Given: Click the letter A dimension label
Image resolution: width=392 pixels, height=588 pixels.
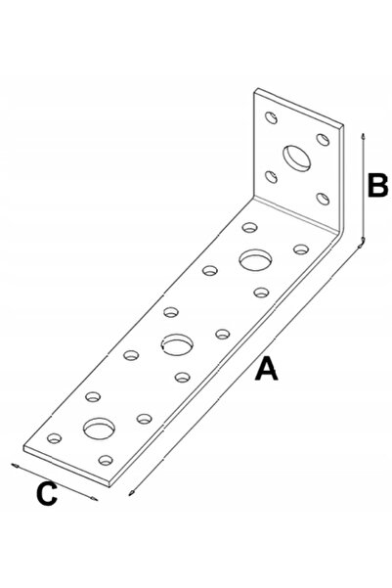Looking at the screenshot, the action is tap(267, 369).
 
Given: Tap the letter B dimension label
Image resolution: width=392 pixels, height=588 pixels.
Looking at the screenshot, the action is tap(377, 185).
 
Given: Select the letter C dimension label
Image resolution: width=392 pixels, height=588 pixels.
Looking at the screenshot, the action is tap(47, 493).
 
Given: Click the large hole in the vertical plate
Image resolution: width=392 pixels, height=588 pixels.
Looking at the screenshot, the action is tap(296, 158).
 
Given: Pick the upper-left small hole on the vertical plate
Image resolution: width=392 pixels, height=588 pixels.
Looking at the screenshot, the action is tap(271, 117).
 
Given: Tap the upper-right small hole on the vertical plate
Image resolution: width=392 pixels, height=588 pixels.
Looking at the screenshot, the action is tap(323, 140).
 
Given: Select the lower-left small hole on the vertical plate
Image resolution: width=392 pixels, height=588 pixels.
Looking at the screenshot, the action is tap(271, 176).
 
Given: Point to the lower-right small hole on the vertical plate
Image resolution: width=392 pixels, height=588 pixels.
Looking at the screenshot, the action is tap(323, 199).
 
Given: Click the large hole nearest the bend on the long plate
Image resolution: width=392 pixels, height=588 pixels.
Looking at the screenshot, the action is tap(255, 259).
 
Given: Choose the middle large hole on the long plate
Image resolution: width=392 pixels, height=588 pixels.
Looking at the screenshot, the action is tap(177, 344).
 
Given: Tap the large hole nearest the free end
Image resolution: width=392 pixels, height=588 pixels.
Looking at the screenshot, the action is tap(99, 429).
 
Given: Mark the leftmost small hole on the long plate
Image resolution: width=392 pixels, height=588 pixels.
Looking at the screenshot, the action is tap(55, 438).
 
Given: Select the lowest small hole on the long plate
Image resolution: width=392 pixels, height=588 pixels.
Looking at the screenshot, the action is tap(106, 460).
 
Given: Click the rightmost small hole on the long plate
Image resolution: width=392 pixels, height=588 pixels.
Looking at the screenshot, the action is tap(301, 249).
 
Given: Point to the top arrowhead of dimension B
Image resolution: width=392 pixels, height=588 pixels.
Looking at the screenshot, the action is tap(363, 136).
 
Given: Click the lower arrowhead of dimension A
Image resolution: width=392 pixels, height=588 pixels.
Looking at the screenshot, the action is tap(131, 493).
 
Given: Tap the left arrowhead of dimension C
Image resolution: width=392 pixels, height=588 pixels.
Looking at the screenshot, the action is tap(15, 466).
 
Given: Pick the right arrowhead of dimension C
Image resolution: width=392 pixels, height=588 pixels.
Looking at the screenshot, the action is tap(94, 499).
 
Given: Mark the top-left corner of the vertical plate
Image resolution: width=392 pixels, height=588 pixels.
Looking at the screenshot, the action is tap(257, 89).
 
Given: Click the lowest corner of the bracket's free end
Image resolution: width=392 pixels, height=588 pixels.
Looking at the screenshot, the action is tap(109, 487).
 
